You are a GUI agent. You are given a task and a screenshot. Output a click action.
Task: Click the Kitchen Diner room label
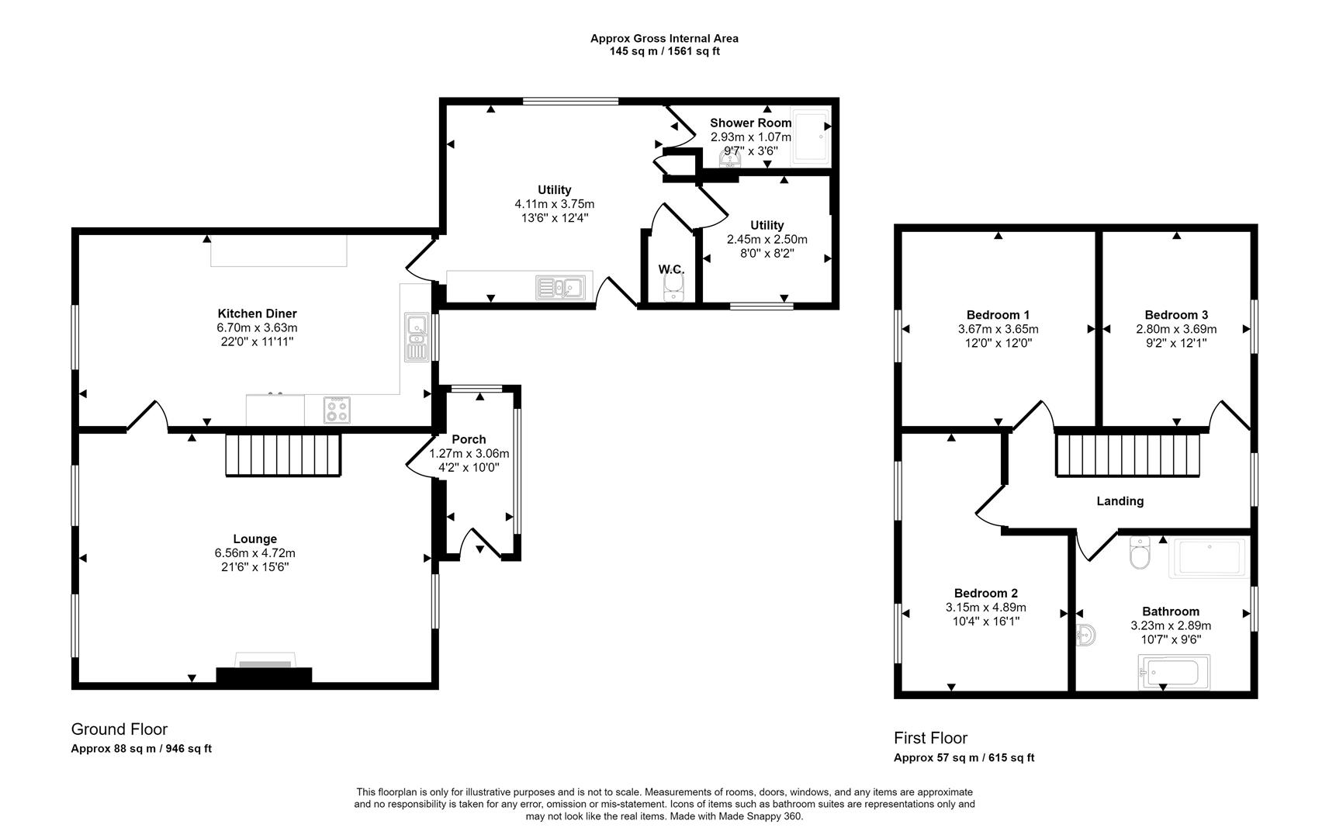(257, 313)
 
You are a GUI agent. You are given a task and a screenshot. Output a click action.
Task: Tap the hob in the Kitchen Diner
(337, 410)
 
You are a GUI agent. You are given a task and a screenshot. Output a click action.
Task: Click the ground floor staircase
(283, 455)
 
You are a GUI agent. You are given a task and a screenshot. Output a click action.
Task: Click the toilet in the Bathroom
(1140, 554)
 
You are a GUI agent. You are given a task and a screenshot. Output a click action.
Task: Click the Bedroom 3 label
(1176, 315)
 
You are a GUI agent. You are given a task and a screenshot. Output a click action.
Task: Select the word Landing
(1120, 501)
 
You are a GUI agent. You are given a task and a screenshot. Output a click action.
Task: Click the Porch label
(469, 439)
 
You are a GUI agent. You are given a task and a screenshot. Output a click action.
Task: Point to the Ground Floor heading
(119, 729)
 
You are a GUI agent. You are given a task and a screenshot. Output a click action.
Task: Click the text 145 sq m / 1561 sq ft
(664, 52)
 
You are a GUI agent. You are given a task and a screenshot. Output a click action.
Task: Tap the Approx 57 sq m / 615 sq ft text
(964, 758)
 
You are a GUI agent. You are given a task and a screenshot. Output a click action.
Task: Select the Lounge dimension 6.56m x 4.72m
(254, 553)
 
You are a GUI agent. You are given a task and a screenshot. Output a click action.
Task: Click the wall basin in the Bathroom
(1086, 636)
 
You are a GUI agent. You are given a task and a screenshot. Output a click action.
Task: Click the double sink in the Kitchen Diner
(416, 338)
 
